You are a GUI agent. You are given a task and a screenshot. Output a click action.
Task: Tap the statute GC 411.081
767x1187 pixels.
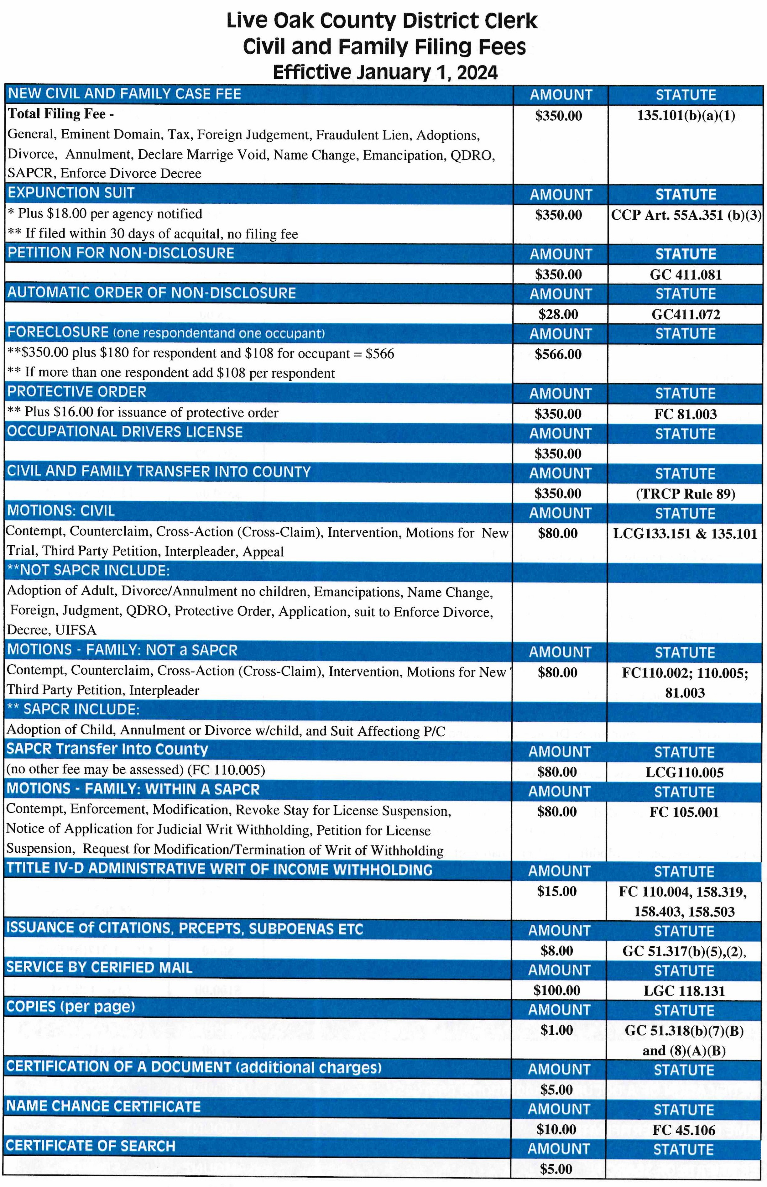tap(685, 275)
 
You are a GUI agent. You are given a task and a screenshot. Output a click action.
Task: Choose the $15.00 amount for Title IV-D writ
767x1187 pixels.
tap(557, 891)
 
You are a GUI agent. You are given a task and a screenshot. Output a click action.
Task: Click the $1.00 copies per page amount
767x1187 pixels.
tap(557, 1030)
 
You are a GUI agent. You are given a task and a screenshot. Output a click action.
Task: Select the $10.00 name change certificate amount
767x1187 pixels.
tap(556, 1129)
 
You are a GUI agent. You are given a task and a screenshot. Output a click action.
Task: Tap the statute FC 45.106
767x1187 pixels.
tap(684, 1130)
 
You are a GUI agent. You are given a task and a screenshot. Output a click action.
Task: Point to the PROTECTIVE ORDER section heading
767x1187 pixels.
tap(77, 392)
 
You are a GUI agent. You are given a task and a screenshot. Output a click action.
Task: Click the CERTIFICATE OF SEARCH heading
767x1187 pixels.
tap(91, 1146)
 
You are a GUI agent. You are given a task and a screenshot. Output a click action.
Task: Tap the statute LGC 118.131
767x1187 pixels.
tap(684, 991)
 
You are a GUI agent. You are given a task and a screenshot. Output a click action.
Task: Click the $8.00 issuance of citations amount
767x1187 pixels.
tap(557, 951)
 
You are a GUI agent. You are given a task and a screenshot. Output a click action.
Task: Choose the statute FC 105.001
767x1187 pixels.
tap(684, 813)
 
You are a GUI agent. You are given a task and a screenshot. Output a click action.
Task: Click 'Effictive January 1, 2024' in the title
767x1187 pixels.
tap(385, 73)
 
